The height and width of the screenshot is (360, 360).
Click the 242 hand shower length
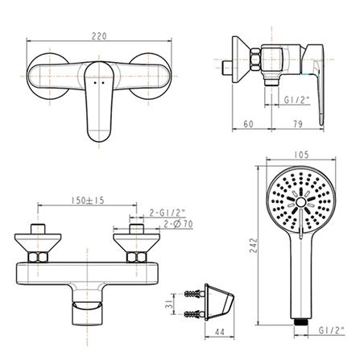252,244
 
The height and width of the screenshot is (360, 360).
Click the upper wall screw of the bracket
193,291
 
